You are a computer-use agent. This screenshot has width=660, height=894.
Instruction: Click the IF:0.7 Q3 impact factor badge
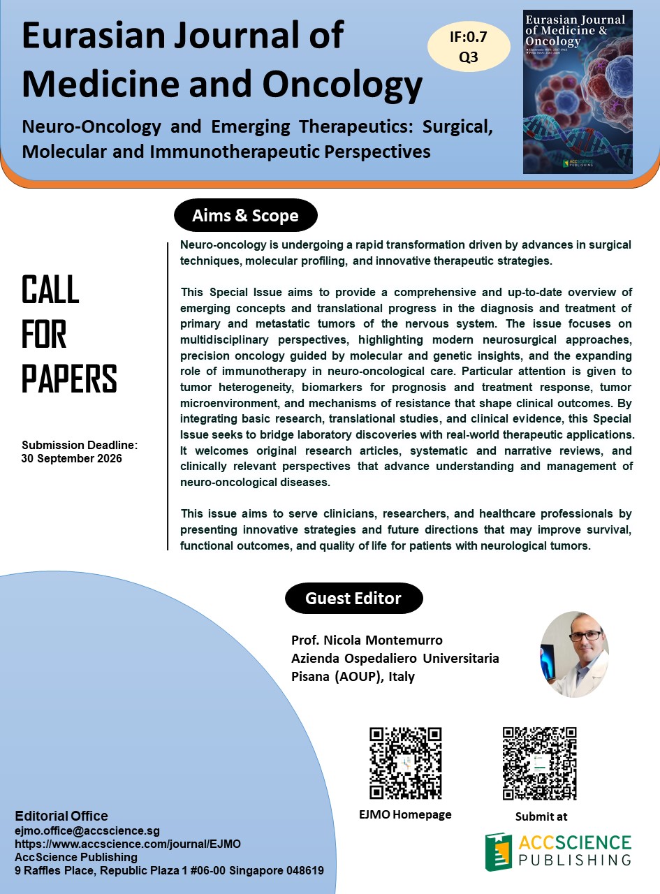469,45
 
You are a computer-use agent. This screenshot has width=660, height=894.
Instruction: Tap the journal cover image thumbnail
577,91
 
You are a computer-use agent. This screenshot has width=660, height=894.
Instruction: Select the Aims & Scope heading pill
245,216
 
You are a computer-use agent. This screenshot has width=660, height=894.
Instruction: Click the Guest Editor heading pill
353,599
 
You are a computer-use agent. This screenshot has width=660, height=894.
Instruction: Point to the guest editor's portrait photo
574,654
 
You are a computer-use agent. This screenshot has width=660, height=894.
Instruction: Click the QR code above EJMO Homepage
405,763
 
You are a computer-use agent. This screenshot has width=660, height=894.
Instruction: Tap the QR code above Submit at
540,763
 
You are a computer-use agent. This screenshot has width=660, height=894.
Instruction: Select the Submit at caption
541,816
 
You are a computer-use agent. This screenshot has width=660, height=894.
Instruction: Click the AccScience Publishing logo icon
498,851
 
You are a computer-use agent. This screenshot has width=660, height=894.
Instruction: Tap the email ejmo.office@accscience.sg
87,831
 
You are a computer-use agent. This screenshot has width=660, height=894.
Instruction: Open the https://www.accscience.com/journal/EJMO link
128,844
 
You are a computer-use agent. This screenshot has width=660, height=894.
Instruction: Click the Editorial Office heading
61,816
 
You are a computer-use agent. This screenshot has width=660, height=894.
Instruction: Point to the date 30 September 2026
72,459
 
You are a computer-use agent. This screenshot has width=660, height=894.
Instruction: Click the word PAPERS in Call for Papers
69,379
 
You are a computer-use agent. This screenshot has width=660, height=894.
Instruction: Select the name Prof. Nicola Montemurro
367,640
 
